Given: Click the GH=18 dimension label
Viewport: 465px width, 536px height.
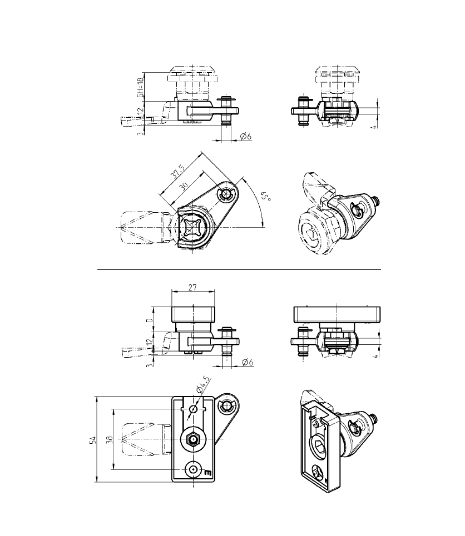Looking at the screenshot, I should point(140,87).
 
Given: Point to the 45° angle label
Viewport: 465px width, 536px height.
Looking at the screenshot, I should point(266,198).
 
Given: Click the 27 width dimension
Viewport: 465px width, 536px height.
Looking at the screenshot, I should point(193,287).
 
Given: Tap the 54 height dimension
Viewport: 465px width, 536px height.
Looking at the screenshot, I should point(93,440).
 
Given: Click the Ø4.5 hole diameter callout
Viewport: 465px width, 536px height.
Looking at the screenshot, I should point(204,384).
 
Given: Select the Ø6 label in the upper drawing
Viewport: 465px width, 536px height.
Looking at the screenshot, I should point(246,136).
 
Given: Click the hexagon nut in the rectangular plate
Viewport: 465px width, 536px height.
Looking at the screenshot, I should point(192,440).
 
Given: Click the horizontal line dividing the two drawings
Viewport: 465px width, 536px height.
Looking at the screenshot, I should point(239,269).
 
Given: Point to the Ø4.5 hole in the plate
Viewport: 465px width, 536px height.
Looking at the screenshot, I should point(192,409).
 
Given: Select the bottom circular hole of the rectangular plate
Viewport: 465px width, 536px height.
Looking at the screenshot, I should point(192,469).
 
